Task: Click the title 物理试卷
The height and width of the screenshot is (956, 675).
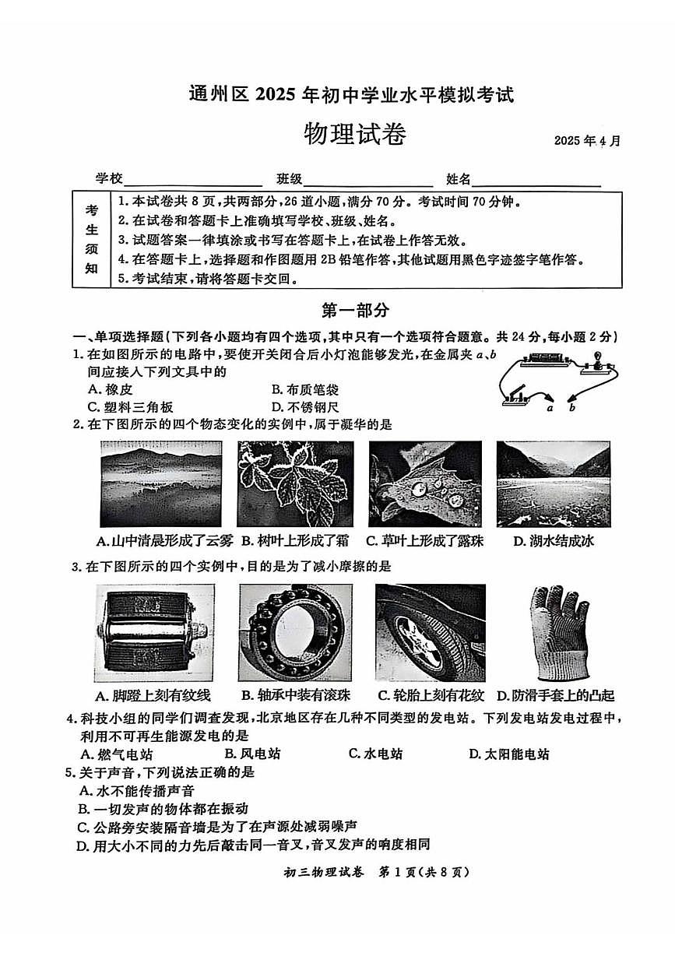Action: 354,135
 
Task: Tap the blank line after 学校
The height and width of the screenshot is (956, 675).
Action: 192,180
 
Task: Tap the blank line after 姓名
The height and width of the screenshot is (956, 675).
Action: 536,180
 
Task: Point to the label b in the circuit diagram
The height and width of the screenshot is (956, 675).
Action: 572,407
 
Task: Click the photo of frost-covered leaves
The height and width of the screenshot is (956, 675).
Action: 295,484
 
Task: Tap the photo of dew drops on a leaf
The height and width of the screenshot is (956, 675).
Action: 424,484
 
